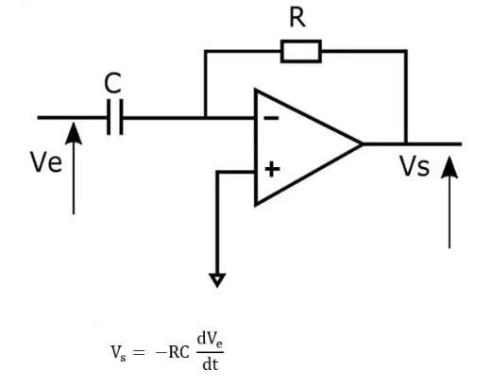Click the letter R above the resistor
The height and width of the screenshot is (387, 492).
[x=297, y=18]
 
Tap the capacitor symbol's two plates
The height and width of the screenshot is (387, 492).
[x=115, y=117]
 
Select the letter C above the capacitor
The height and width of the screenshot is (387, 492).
[x=112, y=83]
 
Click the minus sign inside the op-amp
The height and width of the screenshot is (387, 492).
[x=271, y=118]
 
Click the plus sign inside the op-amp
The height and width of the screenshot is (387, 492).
[x=272, y=170]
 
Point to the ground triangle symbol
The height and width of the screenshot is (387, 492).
[x=217, y=279]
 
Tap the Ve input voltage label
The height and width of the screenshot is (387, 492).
[x=46, y=162]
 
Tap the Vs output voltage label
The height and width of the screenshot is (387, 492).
[x=415, y=165]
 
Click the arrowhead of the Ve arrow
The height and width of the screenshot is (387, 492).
[x=74, y=133]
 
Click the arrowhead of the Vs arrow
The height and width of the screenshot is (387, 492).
[x=450, y=167]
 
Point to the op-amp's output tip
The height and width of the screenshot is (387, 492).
[x=362, y=144]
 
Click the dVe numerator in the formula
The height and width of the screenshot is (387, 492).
[x=210, y=340]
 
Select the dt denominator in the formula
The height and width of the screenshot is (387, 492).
[x=211, y=364]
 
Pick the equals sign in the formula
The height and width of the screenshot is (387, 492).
[x=139, y=352]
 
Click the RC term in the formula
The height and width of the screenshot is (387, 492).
[x=178, y=352]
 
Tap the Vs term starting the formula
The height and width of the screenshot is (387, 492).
[x=118, y=353]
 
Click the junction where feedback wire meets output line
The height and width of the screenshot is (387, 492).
[x=406, y=144]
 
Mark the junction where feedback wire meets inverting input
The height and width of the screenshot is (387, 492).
[x=205, y=118]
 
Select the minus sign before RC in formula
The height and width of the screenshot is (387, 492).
[x=161, y=352]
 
